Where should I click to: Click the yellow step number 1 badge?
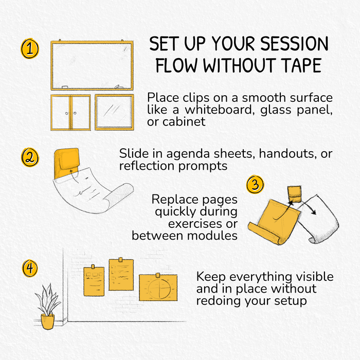pos(30,49)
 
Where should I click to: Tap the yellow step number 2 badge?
pos(30,157)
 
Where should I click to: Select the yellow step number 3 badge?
pos(255,184)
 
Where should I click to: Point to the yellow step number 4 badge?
pos(30,268)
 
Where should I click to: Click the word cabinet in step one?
pos(184,122)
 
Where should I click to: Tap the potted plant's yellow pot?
pos(47,321)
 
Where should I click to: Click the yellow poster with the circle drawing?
pos(158,287)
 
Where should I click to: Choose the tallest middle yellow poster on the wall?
pos(121,275)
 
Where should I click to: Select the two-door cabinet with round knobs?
pos(70,113)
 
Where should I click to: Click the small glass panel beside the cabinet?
pos(114,112)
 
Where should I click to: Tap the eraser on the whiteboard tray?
pos(65,87)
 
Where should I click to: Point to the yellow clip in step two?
pos(66,163)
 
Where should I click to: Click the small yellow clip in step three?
pos(294,194)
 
